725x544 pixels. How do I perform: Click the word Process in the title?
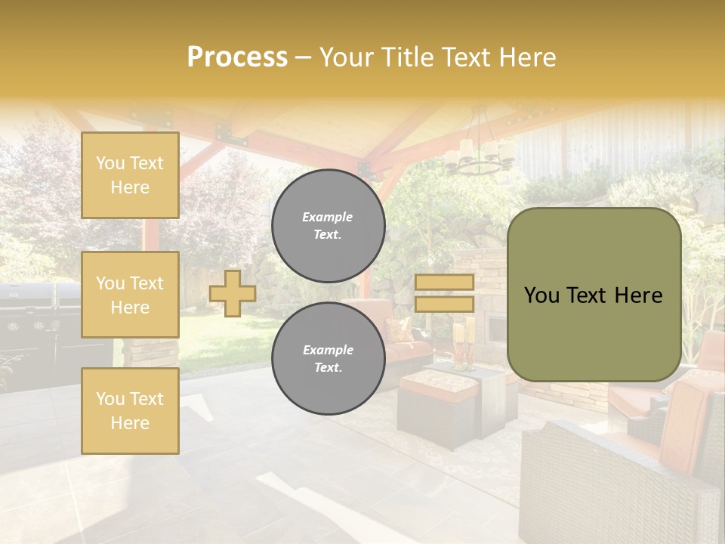tap(237, 57)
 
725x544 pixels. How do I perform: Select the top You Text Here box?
tap(130, 175)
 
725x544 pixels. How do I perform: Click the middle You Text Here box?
tap(130, 295)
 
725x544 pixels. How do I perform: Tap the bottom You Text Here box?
tap(130, 411)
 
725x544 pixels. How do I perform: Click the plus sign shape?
tap(233, 293)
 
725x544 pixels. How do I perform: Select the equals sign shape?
tap(444, 293)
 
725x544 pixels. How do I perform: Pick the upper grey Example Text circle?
tap(328, 226)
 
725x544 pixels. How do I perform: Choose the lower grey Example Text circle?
tap(328, 358)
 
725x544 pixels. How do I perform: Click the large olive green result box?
tap(594, 295)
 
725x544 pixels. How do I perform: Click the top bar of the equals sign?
tap(444, 283)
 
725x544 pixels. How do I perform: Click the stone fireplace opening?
tap(497, 329)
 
